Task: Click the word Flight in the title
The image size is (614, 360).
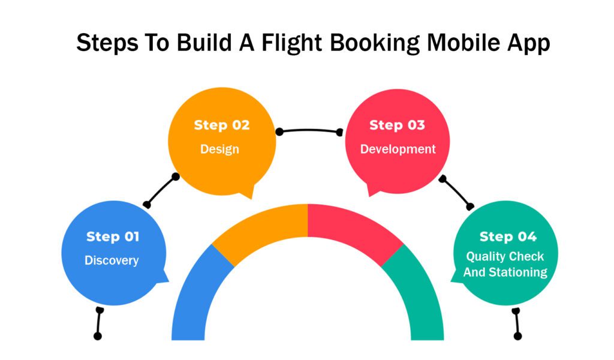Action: coord(291,43)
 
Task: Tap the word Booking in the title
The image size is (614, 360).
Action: coord(374,43)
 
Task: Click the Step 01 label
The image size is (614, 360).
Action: coord(113,236)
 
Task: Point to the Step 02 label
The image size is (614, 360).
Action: coord(222,125)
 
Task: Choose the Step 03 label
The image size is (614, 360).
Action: coord(397,125)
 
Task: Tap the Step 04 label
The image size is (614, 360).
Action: coord(508,236)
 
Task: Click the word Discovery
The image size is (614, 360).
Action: coord(112,260)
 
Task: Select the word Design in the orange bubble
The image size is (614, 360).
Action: coord(219,149)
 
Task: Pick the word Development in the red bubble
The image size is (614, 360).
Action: coord(398,149)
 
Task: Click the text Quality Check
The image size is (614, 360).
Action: coord(505,257)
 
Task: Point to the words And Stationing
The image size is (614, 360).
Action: coord(505,272)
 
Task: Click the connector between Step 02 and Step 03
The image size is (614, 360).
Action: coord(309,130)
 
